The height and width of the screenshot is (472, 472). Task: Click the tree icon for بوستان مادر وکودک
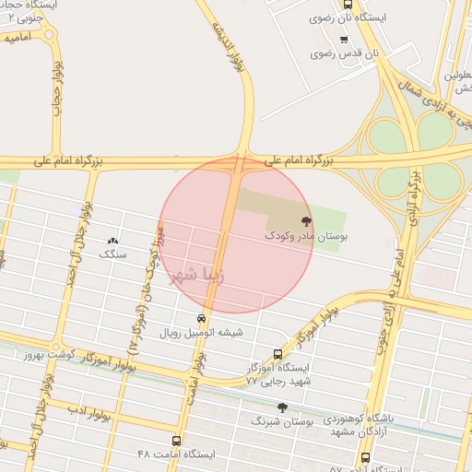click(306, 220)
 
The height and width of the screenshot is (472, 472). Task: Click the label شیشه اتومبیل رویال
click(202, 333)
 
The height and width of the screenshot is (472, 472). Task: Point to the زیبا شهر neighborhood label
click(196, 274)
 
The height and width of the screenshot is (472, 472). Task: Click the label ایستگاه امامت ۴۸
click(175, 454)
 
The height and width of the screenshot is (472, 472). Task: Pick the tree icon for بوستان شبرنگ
click(283, 407)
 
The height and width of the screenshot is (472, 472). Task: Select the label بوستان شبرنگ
click(283, 420)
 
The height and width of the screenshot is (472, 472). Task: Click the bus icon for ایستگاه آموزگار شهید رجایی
click(278, 353)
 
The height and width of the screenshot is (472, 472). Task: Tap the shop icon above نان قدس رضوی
click(344, 40)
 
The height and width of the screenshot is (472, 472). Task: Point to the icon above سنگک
click(113, 239)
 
